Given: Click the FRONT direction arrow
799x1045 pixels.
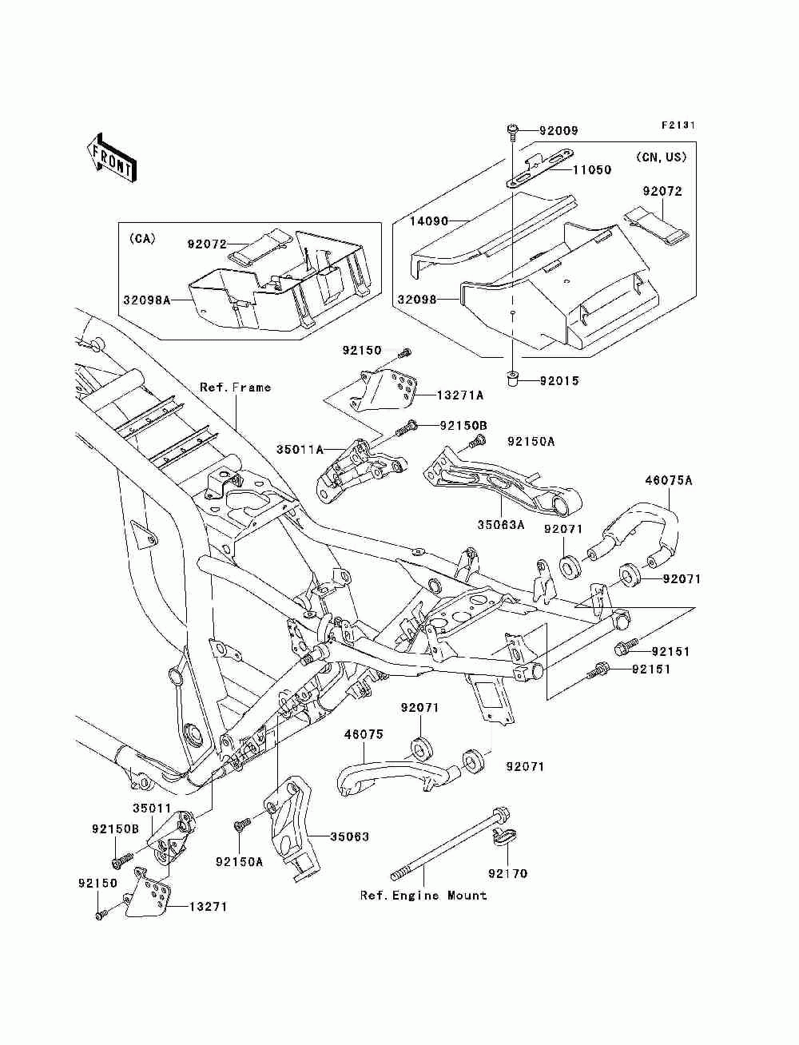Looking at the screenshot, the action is point(111,157).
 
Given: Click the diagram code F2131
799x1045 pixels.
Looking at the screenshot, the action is point(678,125).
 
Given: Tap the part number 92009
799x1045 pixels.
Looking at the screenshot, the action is point(558,130).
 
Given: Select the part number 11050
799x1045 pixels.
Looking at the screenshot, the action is point(591,170).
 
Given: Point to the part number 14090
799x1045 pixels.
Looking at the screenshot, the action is point(429,221).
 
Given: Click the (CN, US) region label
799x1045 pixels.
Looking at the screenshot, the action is point(662,157).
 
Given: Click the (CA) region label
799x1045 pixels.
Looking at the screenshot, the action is point(142,239).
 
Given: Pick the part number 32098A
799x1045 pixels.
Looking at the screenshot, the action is point(147,300).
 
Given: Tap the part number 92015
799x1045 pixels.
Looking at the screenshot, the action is point(559,381).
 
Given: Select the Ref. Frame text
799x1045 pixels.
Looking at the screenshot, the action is point(235,387).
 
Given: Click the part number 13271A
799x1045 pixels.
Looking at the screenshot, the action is point(459,395).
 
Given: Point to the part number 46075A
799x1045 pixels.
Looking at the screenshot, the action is point(669,480).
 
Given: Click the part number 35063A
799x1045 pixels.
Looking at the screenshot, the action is point(501,525).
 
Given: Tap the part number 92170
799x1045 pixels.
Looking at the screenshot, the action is point(507,873).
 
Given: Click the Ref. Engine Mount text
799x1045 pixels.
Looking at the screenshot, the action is point(423,896).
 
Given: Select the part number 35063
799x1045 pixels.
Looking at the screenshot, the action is point(349,837).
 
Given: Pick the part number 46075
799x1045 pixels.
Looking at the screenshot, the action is point(364,734).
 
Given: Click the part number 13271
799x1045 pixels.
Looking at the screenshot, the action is point(208,908).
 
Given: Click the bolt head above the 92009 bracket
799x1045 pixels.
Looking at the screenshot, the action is point(513,130).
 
